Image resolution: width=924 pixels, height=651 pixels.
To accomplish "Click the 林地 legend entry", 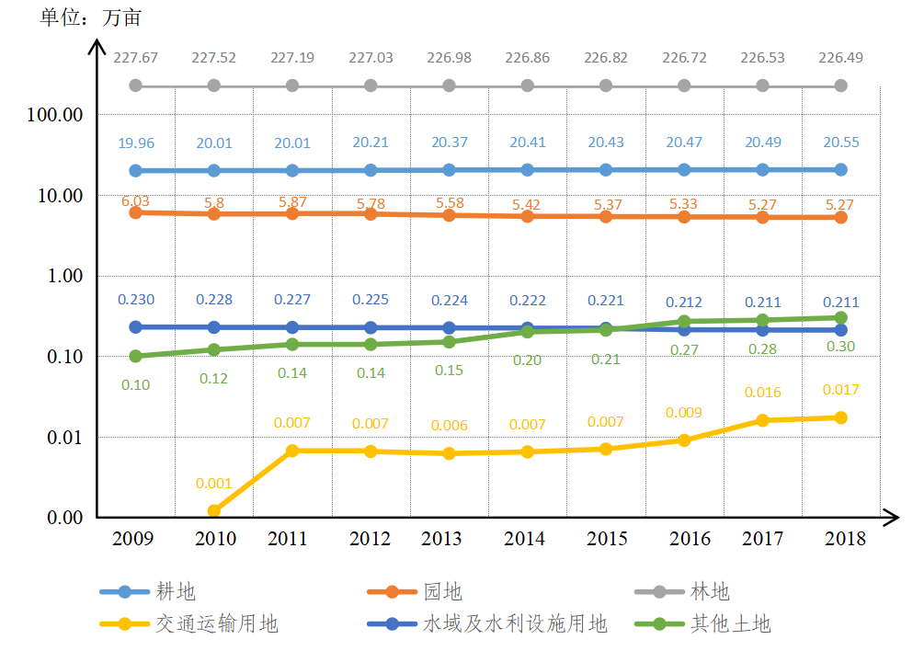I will tap(709, 592).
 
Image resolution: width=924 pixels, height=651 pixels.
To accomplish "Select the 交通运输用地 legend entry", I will tap(216, 623).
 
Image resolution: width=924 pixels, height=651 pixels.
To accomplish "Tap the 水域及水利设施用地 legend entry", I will tap(515, 623).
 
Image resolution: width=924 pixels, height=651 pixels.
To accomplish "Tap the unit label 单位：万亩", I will tap(90, 17).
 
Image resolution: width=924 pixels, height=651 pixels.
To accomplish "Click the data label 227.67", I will tap(136, 57).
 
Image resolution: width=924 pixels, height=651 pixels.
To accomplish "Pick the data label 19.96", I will tap(136, 143).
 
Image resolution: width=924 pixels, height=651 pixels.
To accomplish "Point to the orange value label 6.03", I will tap(134, 200).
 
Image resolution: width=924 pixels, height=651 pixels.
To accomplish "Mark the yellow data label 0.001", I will tap(213, 483).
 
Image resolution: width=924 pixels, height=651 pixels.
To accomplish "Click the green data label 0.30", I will tap(841, 347).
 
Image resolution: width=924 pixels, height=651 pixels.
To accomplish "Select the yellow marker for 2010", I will tap(214, 510).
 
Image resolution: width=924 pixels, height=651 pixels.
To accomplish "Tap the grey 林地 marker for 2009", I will tap(136, 86).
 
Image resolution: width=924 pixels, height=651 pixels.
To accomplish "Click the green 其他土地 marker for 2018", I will tap(841, 317).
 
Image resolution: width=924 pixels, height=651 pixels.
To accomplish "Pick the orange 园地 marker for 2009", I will tap(136, 212).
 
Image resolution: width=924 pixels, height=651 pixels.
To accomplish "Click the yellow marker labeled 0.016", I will tap(763, 420).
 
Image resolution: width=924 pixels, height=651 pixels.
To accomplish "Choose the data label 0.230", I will tap(136, 299).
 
